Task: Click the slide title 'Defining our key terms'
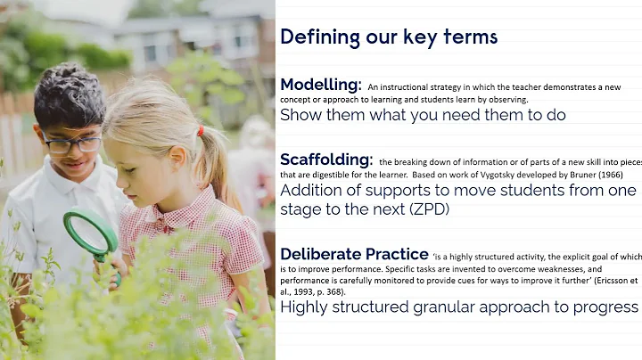pos(388,37)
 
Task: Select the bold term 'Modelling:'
pos(320,85)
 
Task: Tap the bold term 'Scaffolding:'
pos(325,160)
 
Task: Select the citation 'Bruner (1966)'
pos(572,176)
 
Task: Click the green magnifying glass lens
pos(89,233)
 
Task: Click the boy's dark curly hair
pos(70,94)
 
